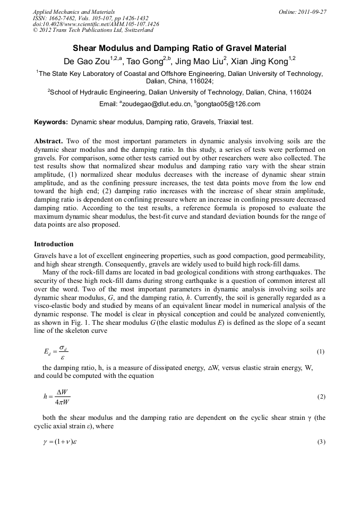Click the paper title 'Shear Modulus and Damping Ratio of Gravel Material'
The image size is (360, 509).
tap(179, 48)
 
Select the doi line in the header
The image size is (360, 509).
tap(96, 24)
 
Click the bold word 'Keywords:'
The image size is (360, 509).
tap(51, 122)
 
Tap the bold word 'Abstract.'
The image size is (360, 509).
tap(49, 141)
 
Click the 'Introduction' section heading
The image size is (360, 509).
tap(54, 244)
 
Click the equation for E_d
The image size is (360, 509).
tap(56, 352)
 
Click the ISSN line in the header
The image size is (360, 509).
tap(90, 18)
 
